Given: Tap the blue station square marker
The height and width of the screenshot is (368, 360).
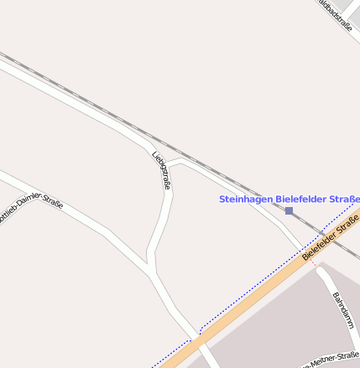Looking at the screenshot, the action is click(289, 211).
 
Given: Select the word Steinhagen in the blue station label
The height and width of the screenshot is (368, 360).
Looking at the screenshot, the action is click(246, 200).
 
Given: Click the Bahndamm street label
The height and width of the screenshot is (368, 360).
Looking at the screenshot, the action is click(342, 312).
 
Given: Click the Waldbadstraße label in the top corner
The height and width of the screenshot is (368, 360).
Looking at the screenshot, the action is click(335, 15).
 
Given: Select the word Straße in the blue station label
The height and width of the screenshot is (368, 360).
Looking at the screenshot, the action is click(344, 200).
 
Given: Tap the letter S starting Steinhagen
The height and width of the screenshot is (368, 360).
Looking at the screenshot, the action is click(222, 200).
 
